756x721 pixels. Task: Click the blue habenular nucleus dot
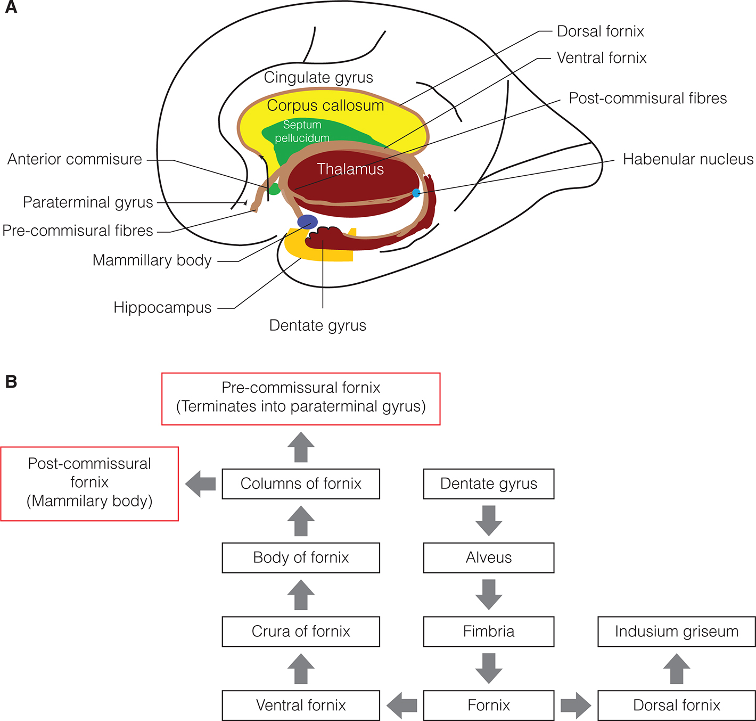coord(416,193)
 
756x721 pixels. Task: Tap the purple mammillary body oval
coord(307,222)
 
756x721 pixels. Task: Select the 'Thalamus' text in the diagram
coord(350,169)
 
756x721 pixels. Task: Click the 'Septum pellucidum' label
coord(302,131)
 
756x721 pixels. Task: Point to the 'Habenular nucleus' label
coord(688,159)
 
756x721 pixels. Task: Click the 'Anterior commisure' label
coord(75,159)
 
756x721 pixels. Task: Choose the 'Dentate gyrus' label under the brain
coord(318,325)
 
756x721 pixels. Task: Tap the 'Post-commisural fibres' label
coord(647,99)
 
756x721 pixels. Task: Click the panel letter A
coord(11,7)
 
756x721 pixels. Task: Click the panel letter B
coord(11,382)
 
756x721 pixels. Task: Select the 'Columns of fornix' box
coord(301,484)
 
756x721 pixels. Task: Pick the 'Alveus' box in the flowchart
coord(489,558)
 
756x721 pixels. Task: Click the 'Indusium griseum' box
coord(677,632)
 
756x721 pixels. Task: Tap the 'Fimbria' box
coord(489,632)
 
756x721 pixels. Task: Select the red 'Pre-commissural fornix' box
coord(301,399)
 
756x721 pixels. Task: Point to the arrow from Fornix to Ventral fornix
coord(402,706)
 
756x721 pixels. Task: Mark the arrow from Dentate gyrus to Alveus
coord(489,520)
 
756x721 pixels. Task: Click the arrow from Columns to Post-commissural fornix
coord(200,484)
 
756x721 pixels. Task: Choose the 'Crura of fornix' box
coord(301,632)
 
